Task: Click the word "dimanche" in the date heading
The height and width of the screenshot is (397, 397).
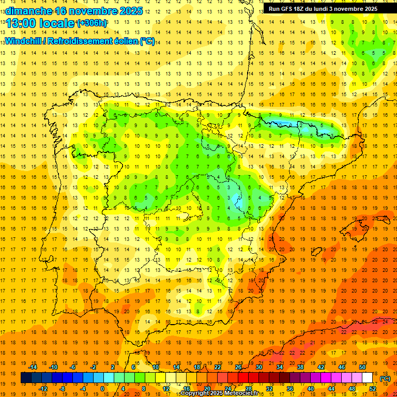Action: click(x=28, y=10)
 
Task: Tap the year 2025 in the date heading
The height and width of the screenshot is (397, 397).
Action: click(x=130, y=10)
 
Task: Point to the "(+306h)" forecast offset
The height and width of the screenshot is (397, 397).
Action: click(x=91, y=23)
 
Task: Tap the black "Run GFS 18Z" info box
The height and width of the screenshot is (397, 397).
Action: click(x=323, y=9)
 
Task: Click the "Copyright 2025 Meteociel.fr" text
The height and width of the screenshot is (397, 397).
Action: click(x=219, y=393)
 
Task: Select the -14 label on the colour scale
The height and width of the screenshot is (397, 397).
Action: click(x=33, y=367)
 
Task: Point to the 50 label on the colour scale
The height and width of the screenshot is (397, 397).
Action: click(x=362, y=367)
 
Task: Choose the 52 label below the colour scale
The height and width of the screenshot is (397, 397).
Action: click(x=373, y=389)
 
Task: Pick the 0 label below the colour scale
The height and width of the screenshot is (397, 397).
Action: click(x=102, y=389)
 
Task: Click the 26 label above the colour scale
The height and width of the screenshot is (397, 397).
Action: click(x=238, y=367)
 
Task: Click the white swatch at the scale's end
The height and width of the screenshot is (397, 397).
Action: click(x=367, y=378)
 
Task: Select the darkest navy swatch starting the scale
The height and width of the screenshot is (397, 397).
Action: click(x=26, y=378)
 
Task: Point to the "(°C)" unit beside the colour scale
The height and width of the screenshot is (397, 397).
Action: click(x=385, y=378)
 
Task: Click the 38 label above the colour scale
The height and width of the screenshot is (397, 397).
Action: click(x=300, y=367)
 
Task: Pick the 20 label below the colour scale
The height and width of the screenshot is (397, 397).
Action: click(x=207, y=389)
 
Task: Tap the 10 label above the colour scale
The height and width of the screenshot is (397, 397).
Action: click(x=155, y=367)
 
